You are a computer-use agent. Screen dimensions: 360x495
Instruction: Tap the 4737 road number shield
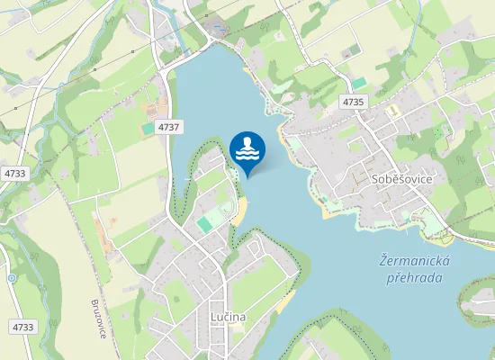167,128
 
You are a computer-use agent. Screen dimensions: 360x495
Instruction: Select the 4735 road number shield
353,103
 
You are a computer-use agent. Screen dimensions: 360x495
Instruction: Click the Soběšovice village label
402,179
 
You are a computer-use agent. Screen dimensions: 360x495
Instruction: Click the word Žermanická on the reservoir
415,261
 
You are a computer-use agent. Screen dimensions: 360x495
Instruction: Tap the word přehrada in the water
414,278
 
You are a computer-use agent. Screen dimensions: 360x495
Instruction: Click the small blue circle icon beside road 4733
12,279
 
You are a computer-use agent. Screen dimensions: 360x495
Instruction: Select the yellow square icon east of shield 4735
392,110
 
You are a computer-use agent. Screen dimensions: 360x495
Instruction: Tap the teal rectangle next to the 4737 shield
148,129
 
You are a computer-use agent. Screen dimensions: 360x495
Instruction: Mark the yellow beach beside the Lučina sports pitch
239,212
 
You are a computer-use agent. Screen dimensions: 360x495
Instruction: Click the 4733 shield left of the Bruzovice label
23,327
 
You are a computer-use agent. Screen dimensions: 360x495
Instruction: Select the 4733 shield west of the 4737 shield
14,173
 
